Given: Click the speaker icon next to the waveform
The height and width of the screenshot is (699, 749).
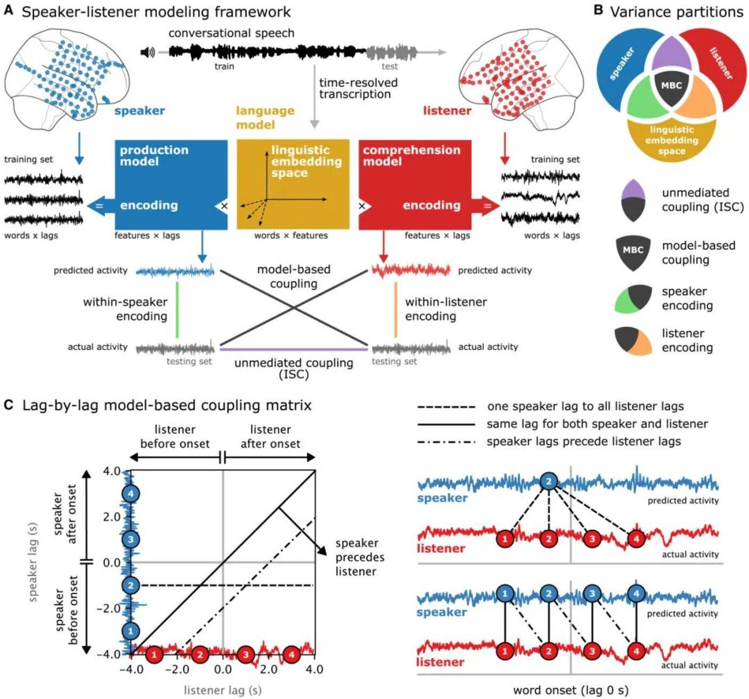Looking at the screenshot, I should tap(148, 52).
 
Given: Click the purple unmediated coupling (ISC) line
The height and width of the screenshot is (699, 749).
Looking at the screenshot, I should tap(293, 349).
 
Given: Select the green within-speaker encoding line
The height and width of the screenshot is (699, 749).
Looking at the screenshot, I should tap(177, 310).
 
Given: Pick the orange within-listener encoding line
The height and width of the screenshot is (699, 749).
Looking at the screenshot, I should tap(395, 310).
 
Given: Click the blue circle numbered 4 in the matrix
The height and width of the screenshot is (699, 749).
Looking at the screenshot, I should tap(131, 493).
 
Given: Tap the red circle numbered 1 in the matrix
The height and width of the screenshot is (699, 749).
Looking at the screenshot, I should tap(154, 654).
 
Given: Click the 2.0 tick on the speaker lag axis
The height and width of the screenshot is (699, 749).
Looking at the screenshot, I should tap(111, 517).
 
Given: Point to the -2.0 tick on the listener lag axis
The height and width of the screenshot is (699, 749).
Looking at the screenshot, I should tap(177, 670).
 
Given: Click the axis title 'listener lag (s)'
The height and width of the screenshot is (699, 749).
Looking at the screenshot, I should tap(223, 690).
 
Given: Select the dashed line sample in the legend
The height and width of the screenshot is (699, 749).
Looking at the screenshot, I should tap(446, 407).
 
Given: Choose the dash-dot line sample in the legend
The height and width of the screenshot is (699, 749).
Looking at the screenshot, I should tap(446, 442).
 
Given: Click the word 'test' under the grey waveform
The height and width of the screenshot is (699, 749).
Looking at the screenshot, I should tap(389, 66).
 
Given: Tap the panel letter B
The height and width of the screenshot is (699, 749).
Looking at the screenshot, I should tap(599, 11).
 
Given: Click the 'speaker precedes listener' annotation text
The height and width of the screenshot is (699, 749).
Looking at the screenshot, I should tap(360, 557).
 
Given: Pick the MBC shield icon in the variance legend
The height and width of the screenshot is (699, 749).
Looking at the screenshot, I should tap(633, 251).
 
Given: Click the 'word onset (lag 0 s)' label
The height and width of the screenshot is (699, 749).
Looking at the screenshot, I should tap(570, 690).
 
